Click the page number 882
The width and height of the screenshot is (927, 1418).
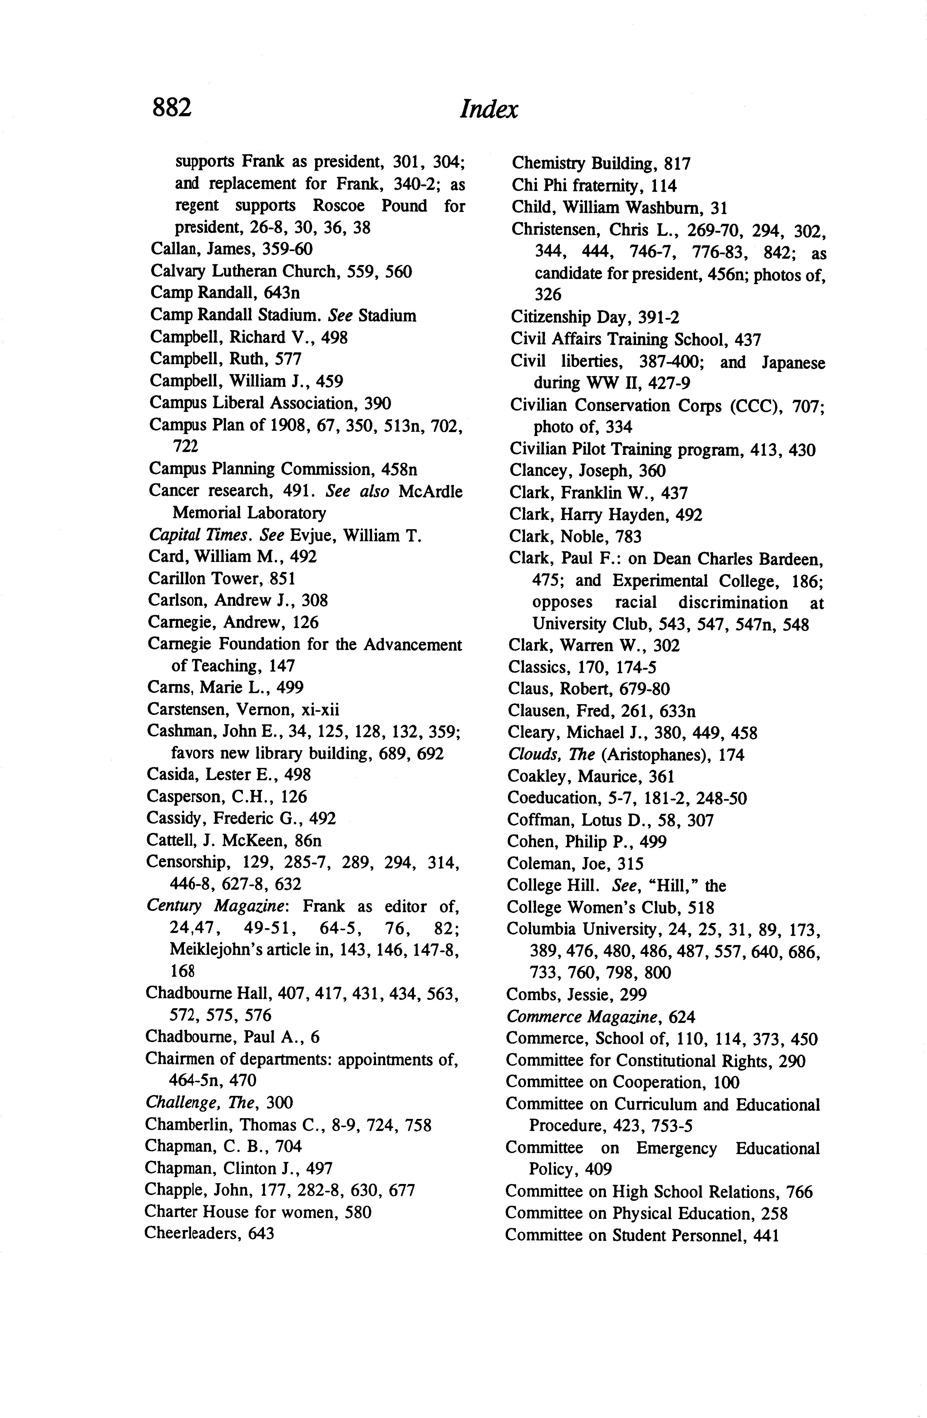172,108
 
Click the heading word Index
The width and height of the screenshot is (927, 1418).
489,109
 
